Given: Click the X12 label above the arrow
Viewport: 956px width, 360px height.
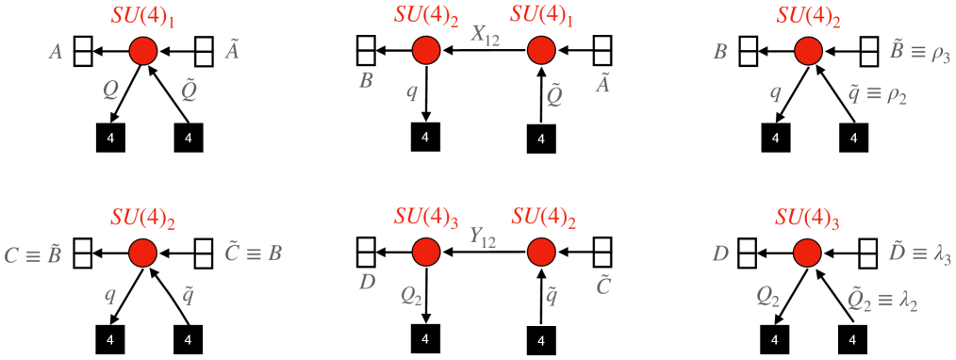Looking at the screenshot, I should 485,34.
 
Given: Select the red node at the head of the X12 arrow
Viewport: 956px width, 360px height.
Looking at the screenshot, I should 425,49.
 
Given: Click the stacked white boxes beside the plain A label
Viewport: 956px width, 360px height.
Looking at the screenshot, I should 82,50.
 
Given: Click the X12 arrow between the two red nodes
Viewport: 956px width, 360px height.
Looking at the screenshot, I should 483,50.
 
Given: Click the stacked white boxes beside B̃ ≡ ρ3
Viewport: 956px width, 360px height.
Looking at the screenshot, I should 865,50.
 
